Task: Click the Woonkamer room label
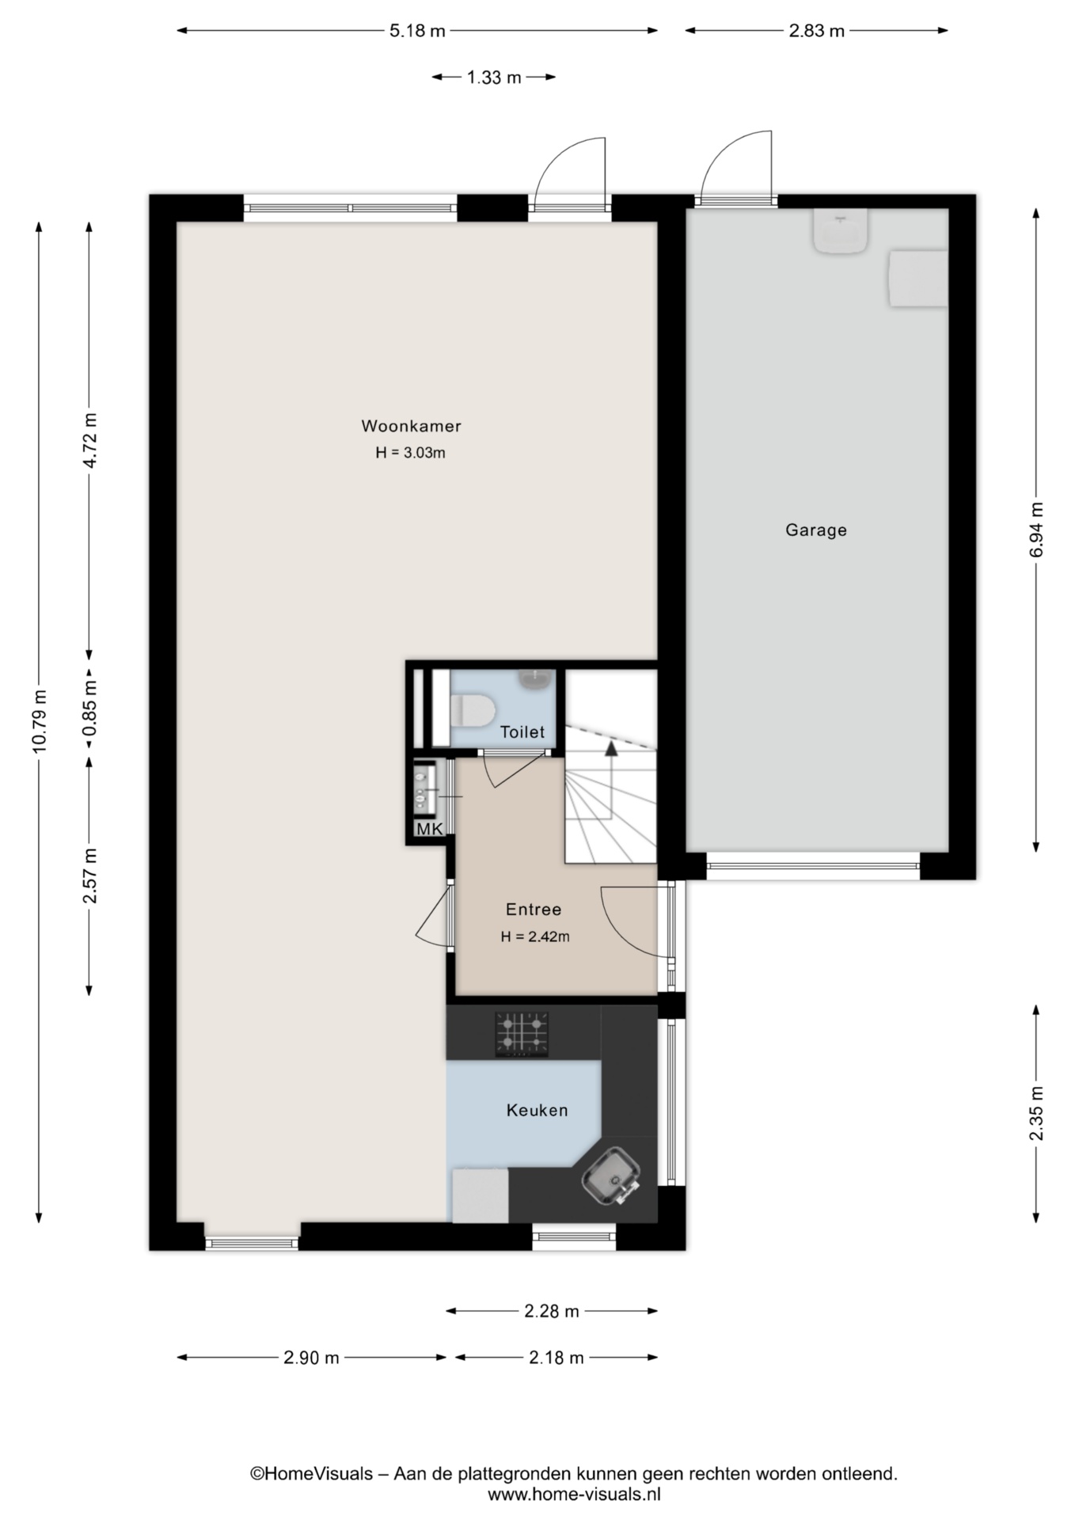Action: [411, 426]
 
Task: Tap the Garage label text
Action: [816, 530]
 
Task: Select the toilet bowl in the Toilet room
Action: [472, 709]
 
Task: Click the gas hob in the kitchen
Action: [522, 1034]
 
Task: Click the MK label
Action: [430, 829]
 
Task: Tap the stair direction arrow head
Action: [610, 748]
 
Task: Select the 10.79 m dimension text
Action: [40, 720]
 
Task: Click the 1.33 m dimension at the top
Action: [494, 78]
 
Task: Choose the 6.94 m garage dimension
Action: [1037, 530]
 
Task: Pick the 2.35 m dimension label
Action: [1037, 1113]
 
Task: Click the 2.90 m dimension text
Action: [311, 1358]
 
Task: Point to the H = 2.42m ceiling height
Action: [535, 937]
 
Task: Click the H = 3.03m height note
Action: [410, 453]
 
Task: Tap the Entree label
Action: [534, 910]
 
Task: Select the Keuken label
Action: [537, 1111]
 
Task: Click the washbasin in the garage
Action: [840, 230]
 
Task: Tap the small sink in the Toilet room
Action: [536, 678]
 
